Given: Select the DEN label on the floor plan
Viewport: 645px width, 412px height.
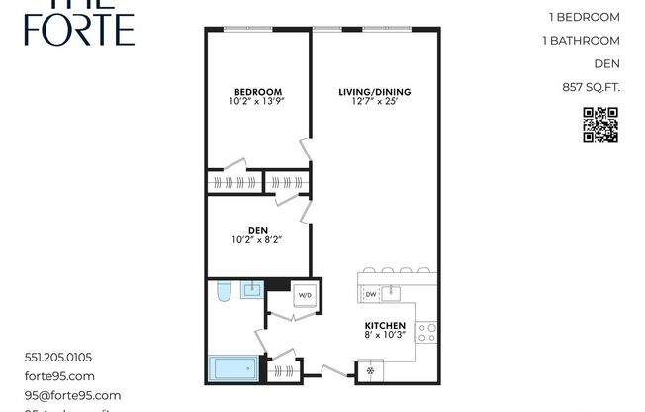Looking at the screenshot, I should point(257,230).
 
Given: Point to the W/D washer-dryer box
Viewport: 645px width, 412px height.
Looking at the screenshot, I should point(305,294).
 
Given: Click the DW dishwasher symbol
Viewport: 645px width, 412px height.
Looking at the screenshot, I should point(370,293).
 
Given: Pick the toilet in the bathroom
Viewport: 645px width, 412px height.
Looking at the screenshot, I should point(222,291).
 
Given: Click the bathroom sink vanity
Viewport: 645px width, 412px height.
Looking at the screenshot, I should point(252,289).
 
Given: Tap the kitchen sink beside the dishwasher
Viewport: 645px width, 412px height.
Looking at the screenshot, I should point(394,292).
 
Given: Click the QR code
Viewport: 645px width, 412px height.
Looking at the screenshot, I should point(599,125).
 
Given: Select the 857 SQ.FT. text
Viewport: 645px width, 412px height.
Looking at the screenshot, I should point(591,88).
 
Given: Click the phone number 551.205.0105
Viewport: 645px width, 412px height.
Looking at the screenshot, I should point(63,358).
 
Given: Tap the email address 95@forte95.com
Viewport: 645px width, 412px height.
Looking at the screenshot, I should point(71,395).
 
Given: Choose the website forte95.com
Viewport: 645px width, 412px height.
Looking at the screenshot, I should point(59,376).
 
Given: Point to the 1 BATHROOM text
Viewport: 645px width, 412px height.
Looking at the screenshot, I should point(582,41).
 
